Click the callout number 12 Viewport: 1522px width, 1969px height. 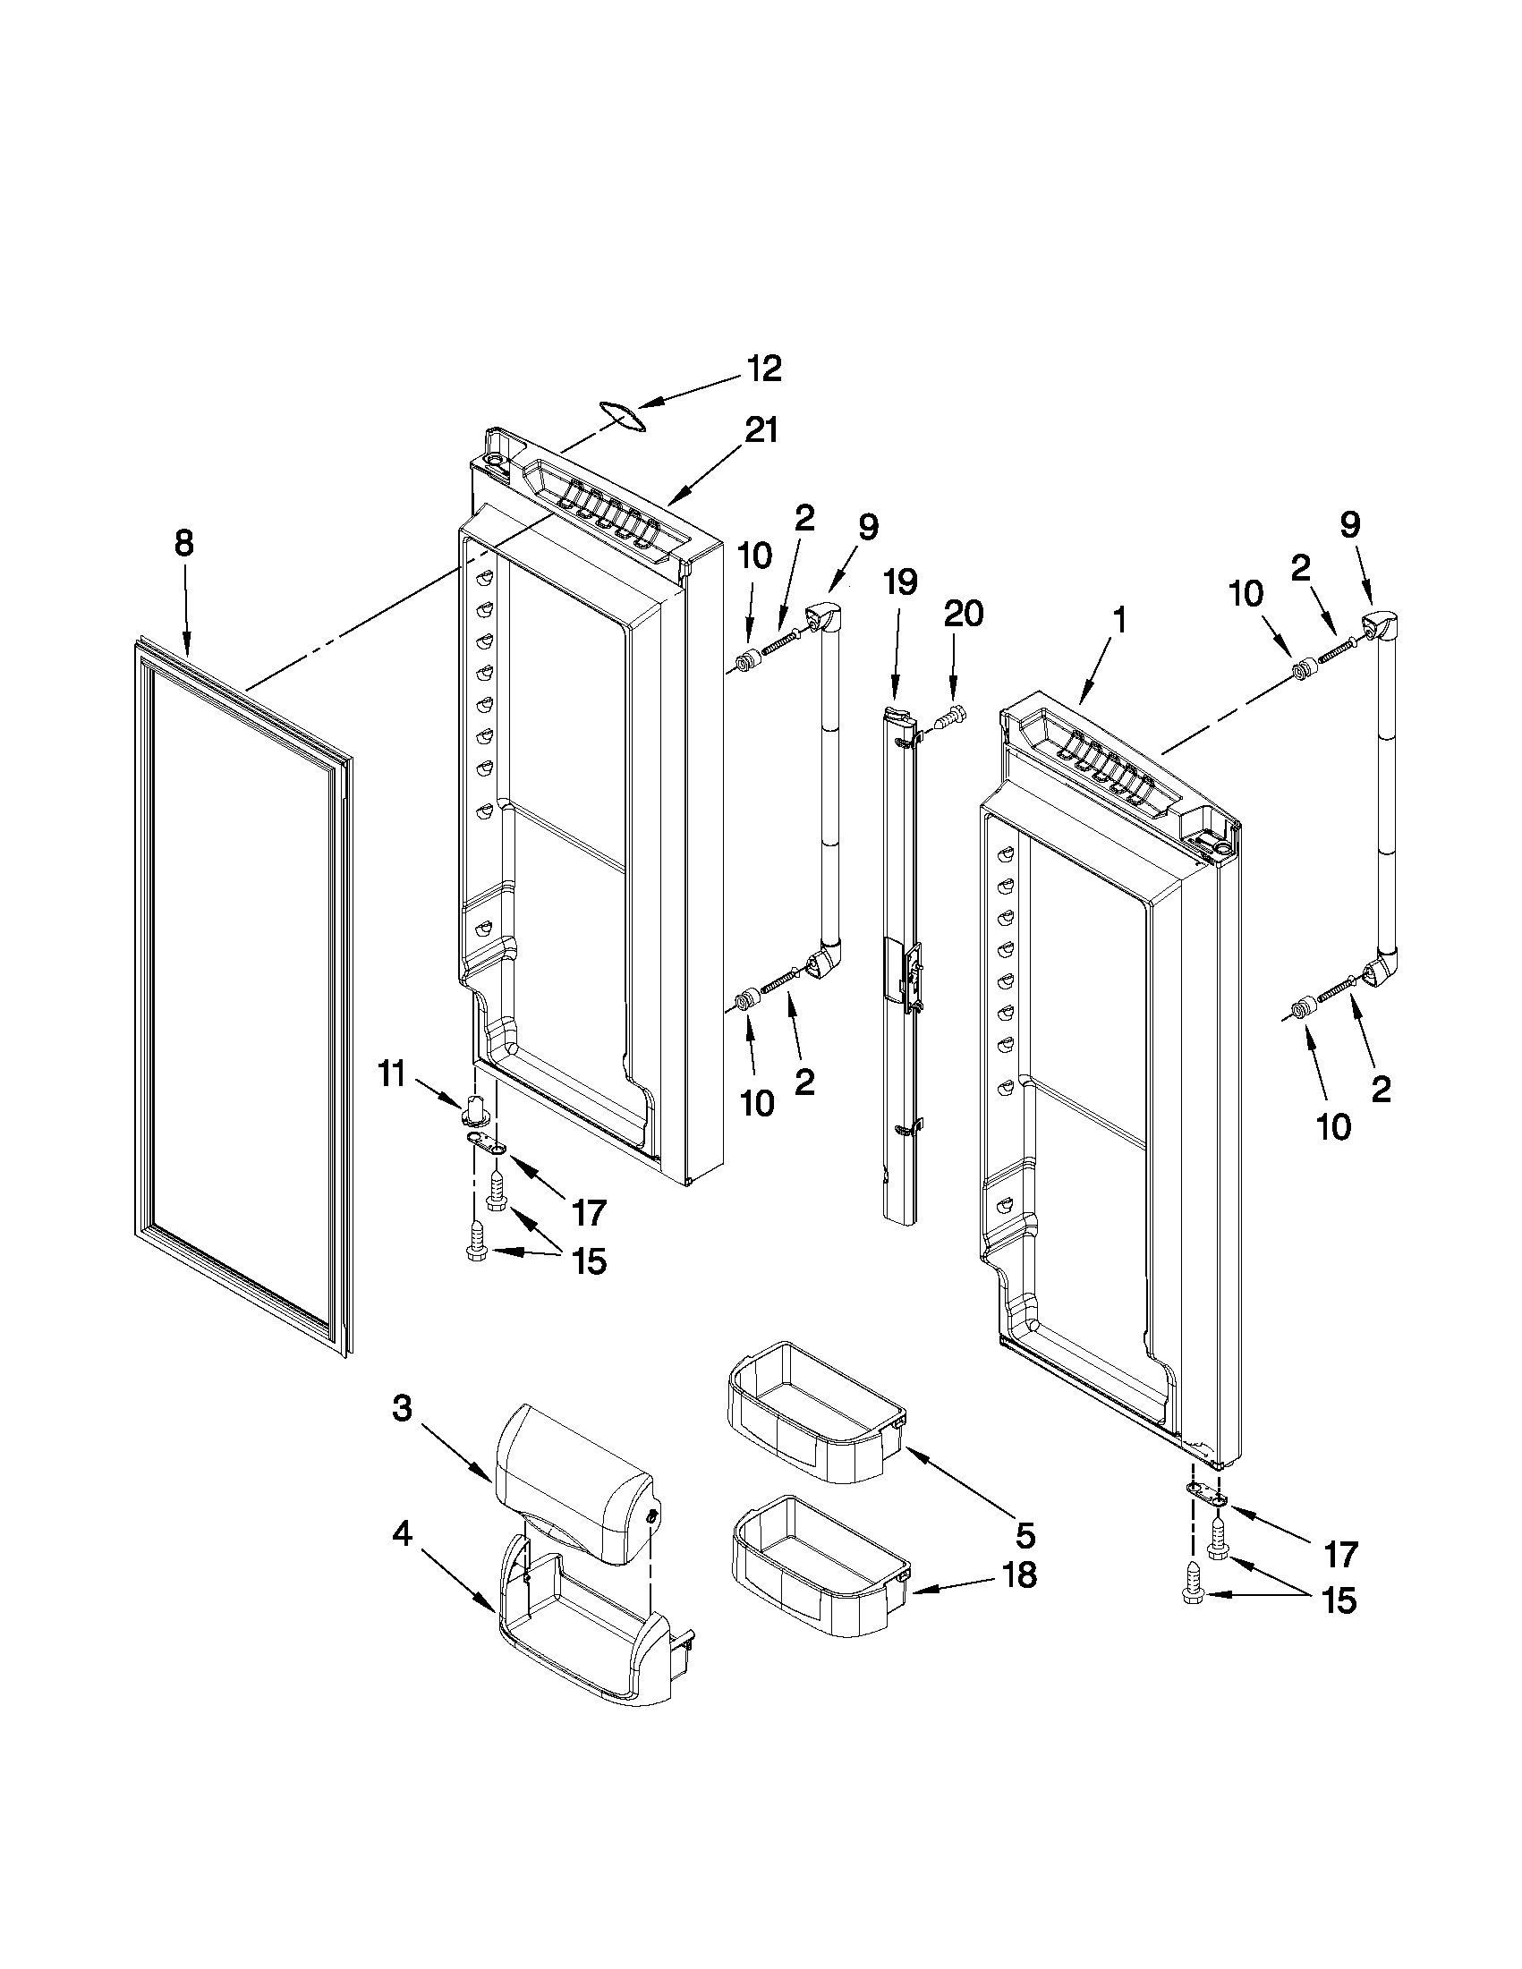763,369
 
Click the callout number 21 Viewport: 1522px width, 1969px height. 759,431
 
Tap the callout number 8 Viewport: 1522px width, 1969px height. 184,544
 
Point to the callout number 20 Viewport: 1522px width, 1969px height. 963,615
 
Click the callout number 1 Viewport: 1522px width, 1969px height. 1119,620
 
